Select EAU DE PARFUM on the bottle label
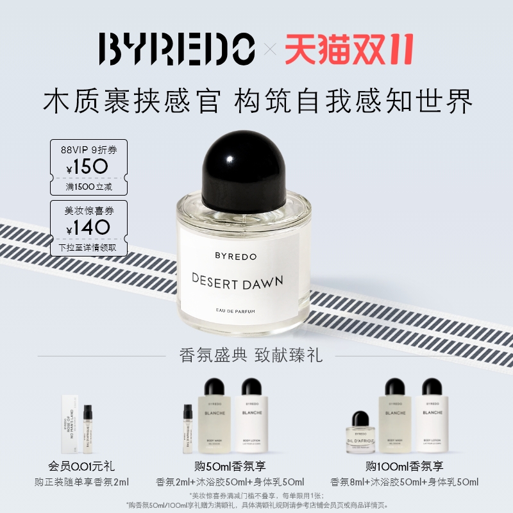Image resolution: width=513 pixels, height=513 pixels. click(x=237, y=312)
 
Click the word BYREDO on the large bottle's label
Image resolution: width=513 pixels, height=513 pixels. click(x=235, y=256)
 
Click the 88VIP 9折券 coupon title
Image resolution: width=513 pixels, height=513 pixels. click(x=89, y=149)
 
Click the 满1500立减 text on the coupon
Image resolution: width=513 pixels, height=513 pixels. click(x=89, y=185)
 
